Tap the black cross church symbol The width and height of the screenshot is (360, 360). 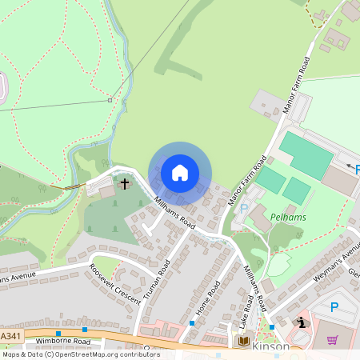point(125,185)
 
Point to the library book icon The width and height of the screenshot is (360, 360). point(243,342)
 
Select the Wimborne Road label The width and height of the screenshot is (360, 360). point(64,341)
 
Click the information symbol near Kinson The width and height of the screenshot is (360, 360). point(301,323)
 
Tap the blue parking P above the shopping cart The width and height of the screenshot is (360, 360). point(334,306)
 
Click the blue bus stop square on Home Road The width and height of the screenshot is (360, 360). point(192,323)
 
